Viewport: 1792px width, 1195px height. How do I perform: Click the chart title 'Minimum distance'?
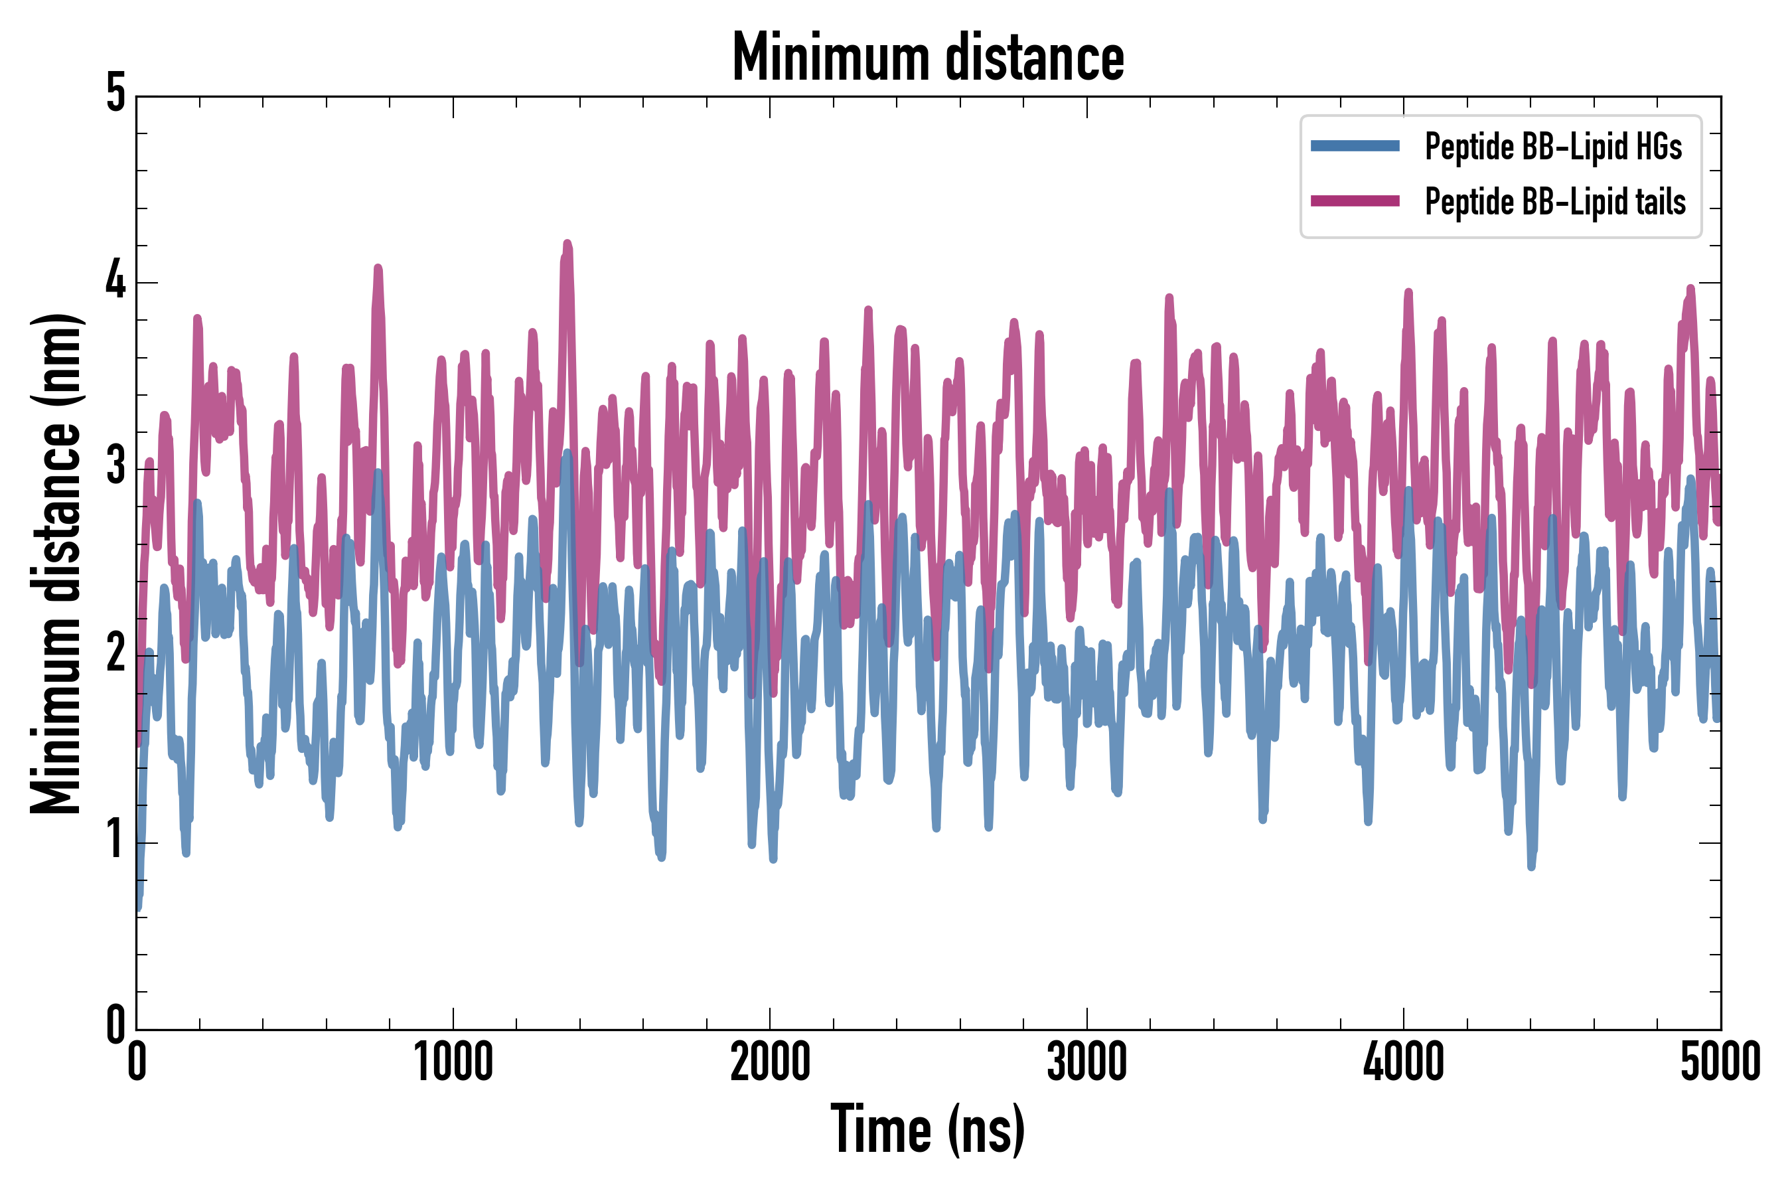927,57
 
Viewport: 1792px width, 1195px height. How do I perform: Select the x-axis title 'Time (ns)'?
927,1129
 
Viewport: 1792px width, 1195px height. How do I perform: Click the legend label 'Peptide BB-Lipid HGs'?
1553,146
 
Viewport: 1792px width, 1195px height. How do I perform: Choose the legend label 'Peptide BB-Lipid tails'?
1554,202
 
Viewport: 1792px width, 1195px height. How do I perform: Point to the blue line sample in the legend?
1355,146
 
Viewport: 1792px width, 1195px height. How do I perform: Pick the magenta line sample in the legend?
1355,201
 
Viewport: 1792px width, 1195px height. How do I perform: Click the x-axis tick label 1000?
453,1062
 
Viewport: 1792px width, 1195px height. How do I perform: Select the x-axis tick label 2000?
769,1062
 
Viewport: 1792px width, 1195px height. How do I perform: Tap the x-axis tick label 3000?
1086,1062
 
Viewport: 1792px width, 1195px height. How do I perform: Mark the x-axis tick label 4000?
1404,1062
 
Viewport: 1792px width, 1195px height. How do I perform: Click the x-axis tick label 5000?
1720,1062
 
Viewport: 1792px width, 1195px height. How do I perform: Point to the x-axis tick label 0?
137,1062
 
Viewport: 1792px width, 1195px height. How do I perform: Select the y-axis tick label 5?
115,94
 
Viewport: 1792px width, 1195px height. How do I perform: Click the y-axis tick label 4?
115,279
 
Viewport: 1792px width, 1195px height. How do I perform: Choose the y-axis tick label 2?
115,653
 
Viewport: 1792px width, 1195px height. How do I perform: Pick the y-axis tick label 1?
115,840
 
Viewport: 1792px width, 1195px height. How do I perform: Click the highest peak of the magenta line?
567,244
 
